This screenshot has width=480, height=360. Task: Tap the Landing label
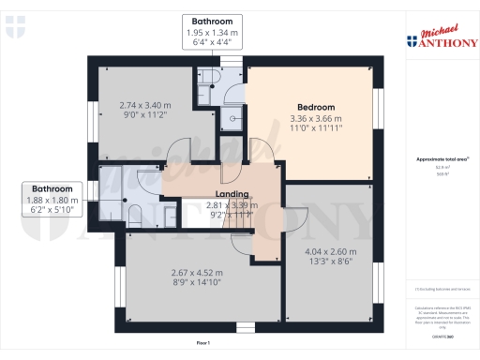(x=204, y=195)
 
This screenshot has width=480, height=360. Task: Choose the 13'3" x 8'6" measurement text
(x=330, y=263)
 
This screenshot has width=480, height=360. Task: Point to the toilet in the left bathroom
(x=134, y=212)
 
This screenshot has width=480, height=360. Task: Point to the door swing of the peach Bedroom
(x=263, y=149)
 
